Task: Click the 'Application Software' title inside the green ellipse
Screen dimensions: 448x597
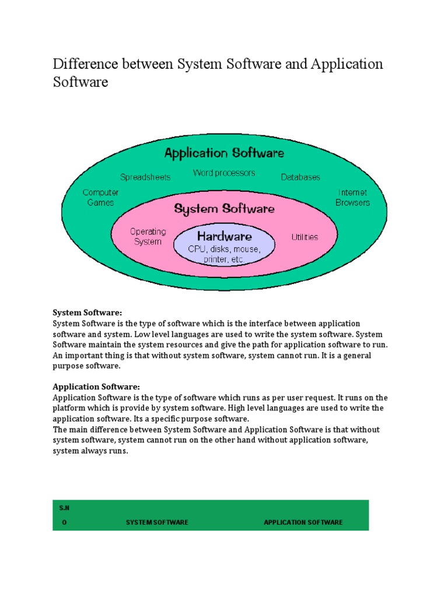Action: (x=224, y=153)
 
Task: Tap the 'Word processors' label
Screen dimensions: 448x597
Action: (x=224, y=173)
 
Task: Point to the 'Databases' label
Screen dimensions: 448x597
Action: (x=300, y=177)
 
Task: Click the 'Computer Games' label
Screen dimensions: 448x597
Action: (x=101, y=197)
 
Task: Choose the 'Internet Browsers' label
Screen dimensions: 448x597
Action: (x=352, y=197)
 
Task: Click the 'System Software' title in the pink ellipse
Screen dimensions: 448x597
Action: (x=225, y=208)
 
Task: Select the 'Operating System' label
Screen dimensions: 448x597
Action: (x=148, y=236)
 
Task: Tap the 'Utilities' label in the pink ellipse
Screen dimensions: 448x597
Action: (x=304, y=237)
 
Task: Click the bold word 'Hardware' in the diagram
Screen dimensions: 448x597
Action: (x=224, y=236)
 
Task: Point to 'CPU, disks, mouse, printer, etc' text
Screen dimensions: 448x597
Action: (x=223, y=254)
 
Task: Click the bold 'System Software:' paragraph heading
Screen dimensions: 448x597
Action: (x=87, y=312)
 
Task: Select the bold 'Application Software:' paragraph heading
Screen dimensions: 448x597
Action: (x=96, y=387)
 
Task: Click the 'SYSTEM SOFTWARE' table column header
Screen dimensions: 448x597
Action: (x=157, y=522)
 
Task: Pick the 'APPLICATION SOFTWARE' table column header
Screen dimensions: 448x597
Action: (x=303, y=522)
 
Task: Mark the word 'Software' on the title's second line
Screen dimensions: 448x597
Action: (x=80, y=82)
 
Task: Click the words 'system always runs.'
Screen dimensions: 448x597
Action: (x=90, y=451)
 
